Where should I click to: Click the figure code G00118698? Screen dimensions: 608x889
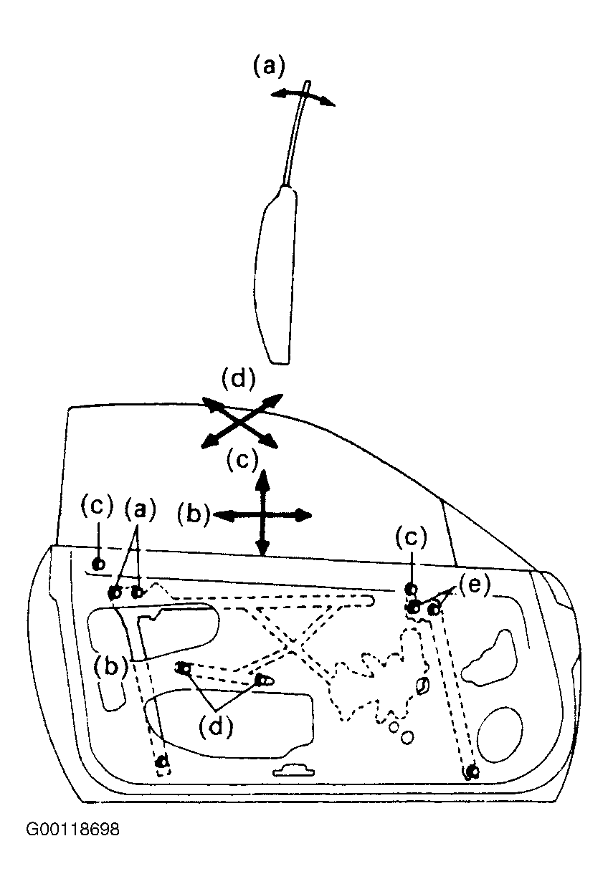(x=72, y=830)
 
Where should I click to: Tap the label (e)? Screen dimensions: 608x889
(x=474, y=585)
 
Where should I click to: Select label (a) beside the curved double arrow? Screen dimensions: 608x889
(x=270, y=65)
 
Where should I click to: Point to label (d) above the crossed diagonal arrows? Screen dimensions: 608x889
(x=238, y=379)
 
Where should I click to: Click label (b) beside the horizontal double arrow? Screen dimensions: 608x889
(x=194, y=514)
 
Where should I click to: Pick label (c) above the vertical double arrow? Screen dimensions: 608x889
(x=242, y=460)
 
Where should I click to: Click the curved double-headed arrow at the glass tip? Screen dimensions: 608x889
(x=303, y=97)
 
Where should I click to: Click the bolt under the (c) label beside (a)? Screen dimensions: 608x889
(x=98, y=564)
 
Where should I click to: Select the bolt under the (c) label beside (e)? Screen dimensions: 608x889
(x=412, y=589)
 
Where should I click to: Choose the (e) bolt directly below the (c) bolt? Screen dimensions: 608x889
(x=414, y=607)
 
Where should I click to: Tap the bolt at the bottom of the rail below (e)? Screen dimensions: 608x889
(x=472, y=772)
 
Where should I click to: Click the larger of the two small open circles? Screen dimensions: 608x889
(x=407, y=737)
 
